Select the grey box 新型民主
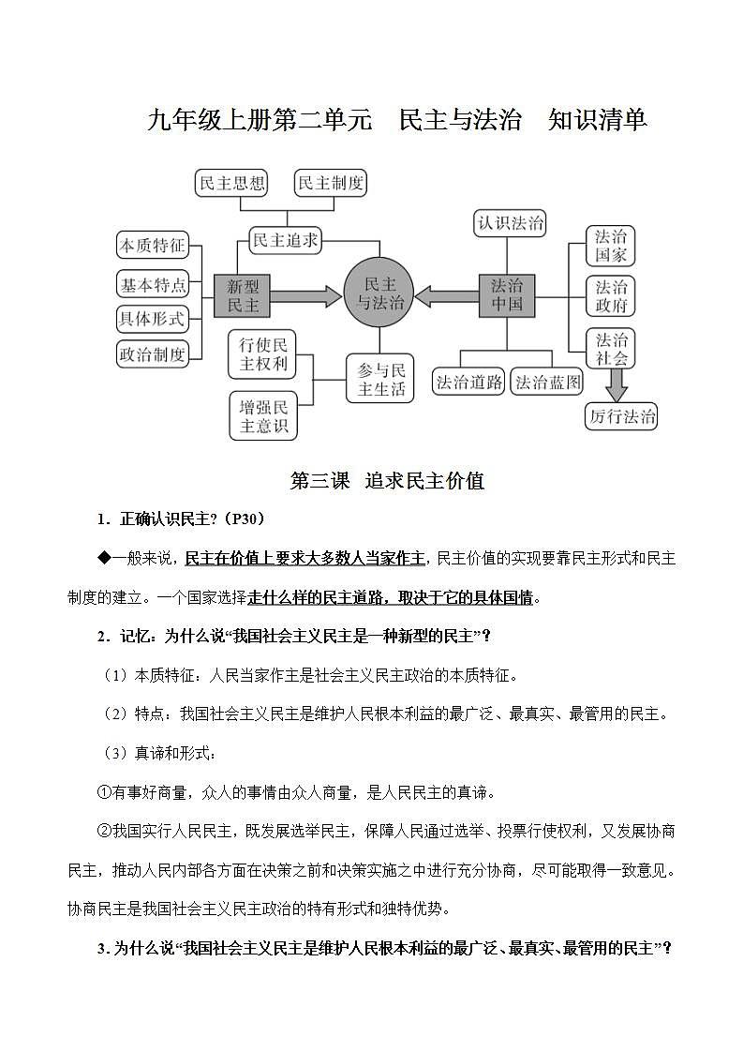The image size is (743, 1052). (x=242, y=295)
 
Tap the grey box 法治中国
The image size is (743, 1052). (x=507, y=296)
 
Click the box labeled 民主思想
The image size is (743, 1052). (x=231, y=184)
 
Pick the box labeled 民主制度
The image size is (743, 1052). (x=330, y=184)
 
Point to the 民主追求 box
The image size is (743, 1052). (x=286, y=240)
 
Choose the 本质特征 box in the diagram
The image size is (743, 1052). (x=152, y=247)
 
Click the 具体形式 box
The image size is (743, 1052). (x=152, y=318)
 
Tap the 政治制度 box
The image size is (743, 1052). (x=152, y=354)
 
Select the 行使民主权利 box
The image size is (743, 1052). (x=263, y=353)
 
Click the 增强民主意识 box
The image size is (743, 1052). (x=263, y=415)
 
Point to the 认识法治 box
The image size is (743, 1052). (x=510, y=223)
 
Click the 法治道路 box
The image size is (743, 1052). (x=469, y=383)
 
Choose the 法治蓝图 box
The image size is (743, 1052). (x=548, y=383)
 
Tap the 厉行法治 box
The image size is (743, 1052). (x=622, y=416)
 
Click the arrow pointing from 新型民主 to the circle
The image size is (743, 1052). (x=305, y=295)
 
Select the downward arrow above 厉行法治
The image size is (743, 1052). (x=616, y=383)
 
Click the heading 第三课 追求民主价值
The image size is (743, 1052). (x=387, y=481)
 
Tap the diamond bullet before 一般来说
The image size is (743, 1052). (x=104, y=558)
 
